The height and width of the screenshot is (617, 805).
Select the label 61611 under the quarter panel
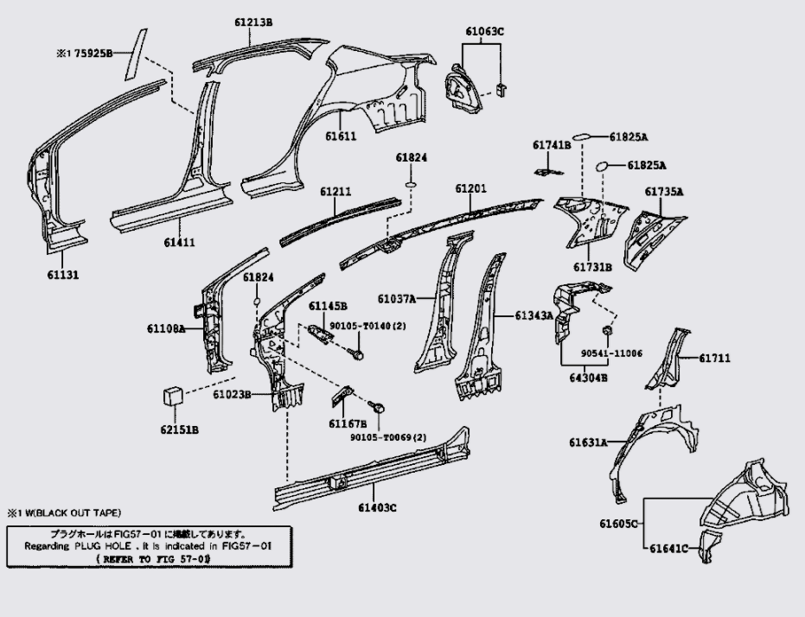[341, 137]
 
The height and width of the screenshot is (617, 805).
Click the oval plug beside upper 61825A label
[585, 137]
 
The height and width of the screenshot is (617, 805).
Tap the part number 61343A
[534, 316]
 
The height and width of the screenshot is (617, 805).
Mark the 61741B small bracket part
[545, 170]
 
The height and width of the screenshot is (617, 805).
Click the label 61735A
[663, 191]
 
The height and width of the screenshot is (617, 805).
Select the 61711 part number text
[715, 357]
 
